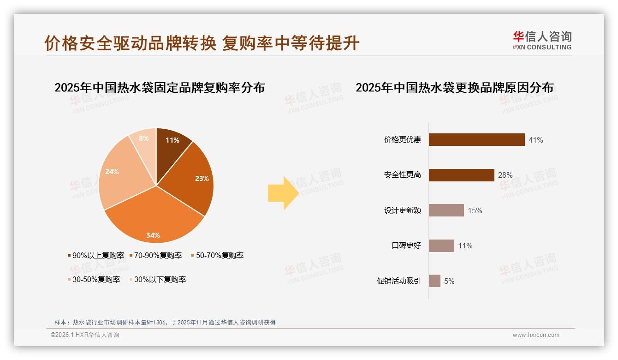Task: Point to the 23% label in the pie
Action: (202, 178)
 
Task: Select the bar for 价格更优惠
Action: (476, 139)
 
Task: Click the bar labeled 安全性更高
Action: (461, 175)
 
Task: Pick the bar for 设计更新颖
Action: (446, 210)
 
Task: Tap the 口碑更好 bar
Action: (441, 246)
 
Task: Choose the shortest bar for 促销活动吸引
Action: (434, 281)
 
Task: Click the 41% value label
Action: (535, 140)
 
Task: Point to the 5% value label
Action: (449, 281)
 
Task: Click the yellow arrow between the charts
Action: (283, 193)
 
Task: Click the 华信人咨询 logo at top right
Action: (542, 40)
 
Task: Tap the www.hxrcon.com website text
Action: (536, 335)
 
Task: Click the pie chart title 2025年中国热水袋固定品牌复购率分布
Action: (160, 87)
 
